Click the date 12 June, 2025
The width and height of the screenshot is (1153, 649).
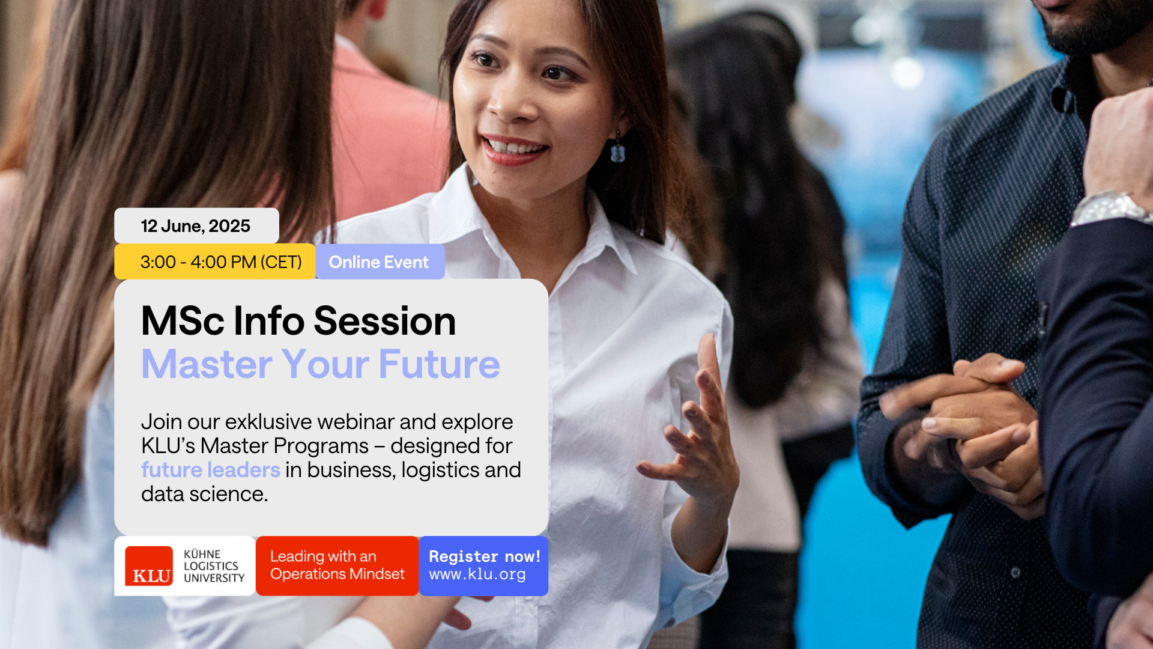coord(196,226)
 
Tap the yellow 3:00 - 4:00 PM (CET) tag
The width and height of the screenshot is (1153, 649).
coord(215,262)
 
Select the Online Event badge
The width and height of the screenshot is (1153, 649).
coord(380,262)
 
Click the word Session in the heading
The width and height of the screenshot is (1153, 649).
coord(385,321)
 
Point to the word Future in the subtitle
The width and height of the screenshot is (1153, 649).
coord(439,364)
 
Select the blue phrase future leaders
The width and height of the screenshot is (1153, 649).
coord(211,470)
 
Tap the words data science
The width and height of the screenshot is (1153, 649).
coord(205,494)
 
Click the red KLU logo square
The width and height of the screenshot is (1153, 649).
coord(149,566)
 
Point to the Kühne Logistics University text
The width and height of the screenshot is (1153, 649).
coord(214,566)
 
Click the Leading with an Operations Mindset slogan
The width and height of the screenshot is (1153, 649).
coord(337,565)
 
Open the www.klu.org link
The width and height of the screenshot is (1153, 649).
coord(477,574)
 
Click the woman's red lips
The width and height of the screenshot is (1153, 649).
coord(513,150)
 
